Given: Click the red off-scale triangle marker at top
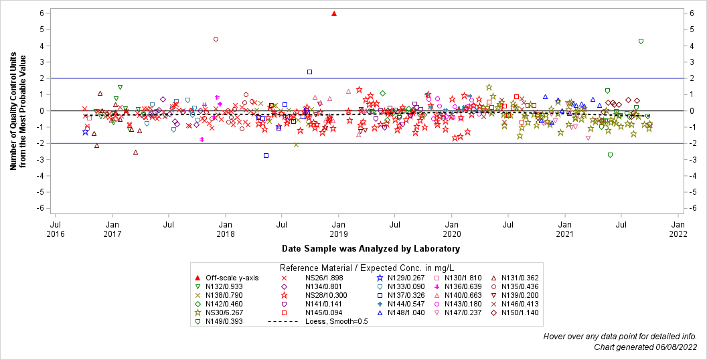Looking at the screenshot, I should (x=334, y=13).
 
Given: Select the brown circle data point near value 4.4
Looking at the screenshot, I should (x=216, y=39).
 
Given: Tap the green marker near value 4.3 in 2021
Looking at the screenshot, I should (x=641, y=41).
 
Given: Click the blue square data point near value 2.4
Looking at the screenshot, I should (x=309, y=72).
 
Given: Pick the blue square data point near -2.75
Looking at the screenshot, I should (x=266, y=155).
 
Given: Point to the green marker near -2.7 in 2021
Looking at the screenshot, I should (x=610, y=155).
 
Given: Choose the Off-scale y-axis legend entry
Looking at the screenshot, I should (x=231, y=278).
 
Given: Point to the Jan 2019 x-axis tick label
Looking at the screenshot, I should (x=339, y=230).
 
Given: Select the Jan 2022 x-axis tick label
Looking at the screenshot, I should (x=678, y=230).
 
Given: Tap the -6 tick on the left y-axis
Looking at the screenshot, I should (x=41, y=208).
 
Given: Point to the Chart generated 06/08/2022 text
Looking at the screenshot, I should (x=645, y=347).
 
